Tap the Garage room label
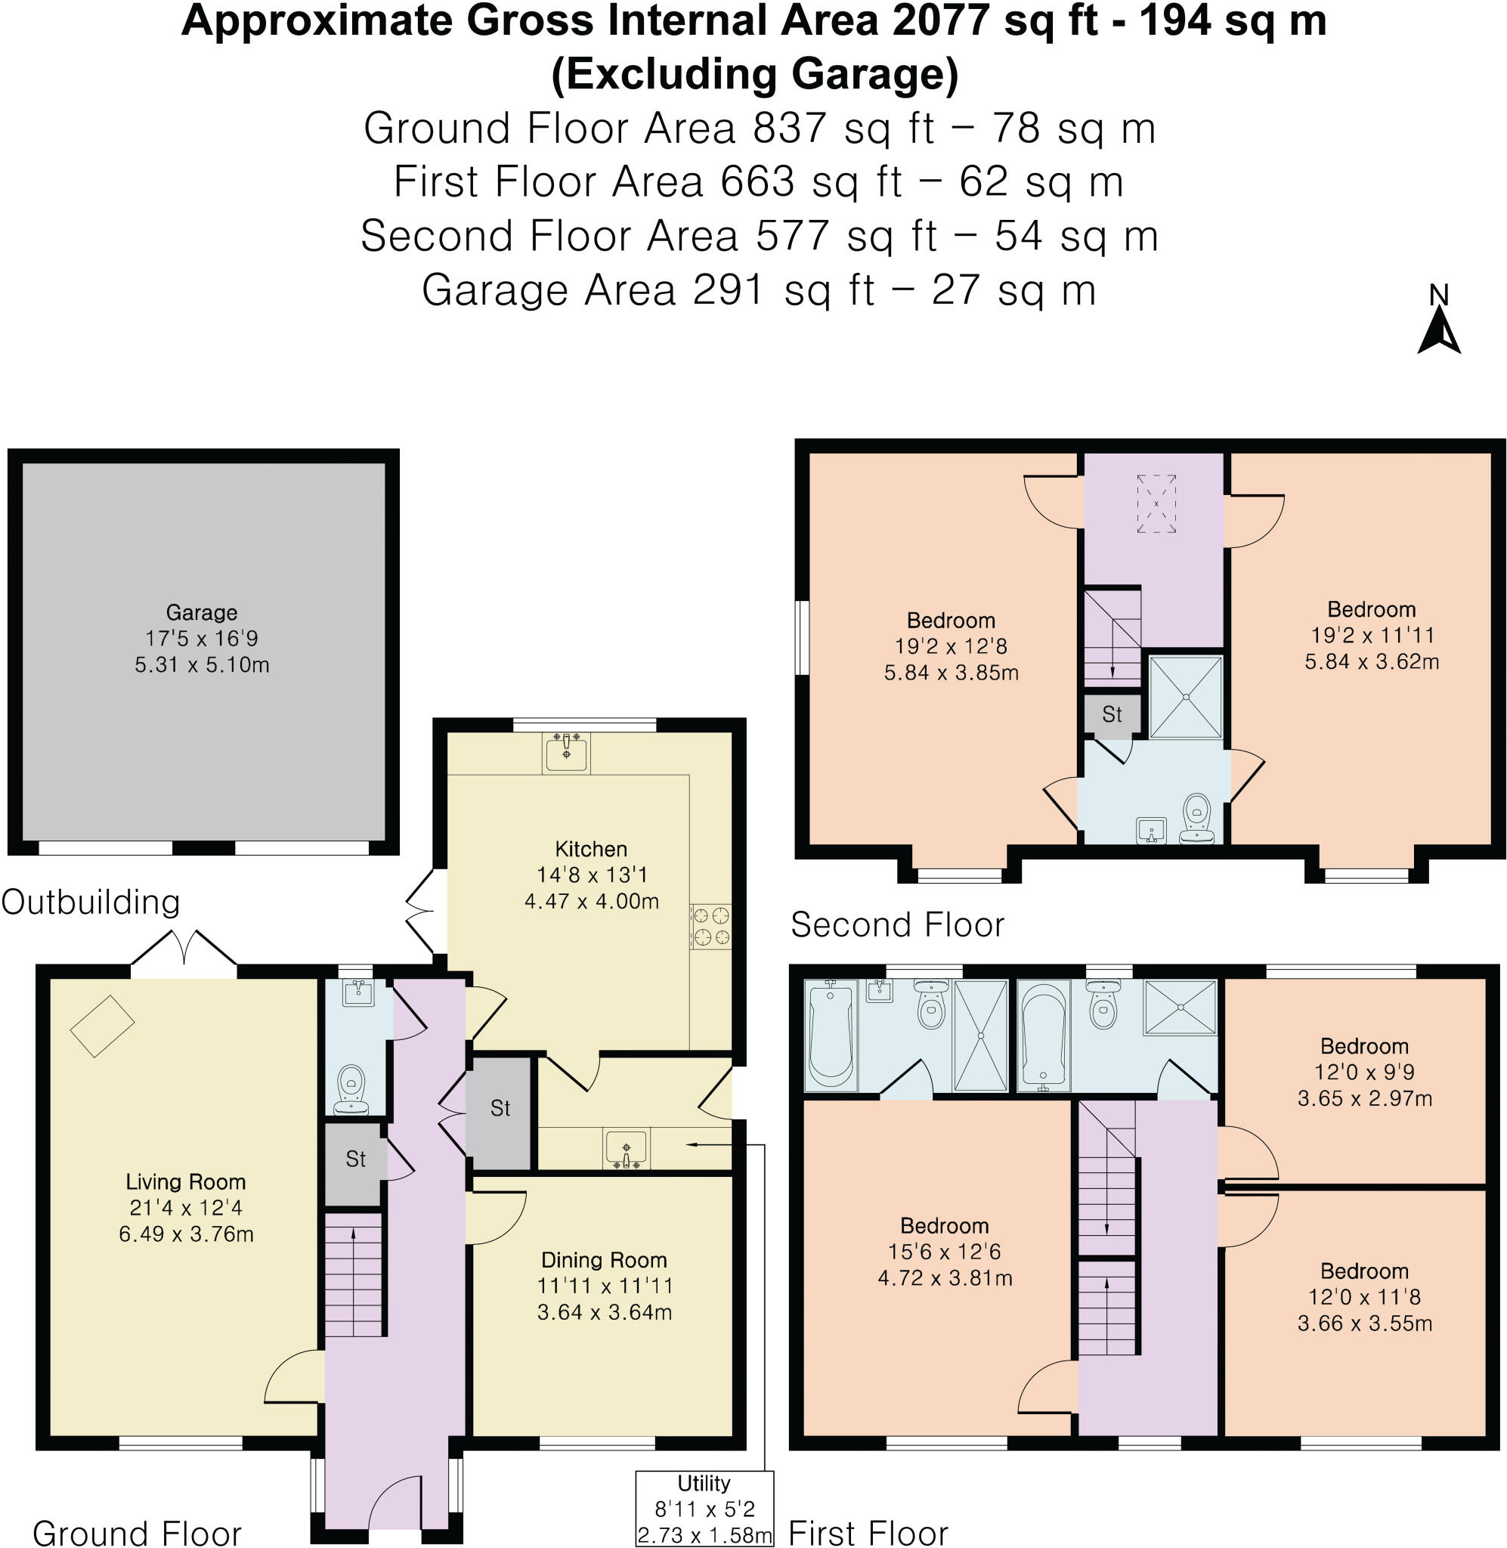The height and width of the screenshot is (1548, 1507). click(201, 611)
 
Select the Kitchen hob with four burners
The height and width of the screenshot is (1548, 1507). click(710, 926)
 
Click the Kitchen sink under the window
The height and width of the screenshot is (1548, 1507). click(566, 752)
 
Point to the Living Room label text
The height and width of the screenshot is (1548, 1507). click(185, 1181)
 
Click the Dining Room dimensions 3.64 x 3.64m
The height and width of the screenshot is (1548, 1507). click(604, 1311)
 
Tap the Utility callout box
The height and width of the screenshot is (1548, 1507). click(704, 1509)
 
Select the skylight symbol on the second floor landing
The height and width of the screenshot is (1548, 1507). click(1156, 503)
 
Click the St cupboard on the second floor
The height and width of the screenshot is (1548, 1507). click(1111, 714)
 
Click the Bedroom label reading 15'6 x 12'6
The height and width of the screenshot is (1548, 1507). click(944, 1251)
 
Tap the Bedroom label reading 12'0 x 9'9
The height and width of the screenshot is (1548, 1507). click(1363, 1072)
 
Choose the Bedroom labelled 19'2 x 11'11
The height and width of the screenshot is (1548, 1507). click(1371, 635)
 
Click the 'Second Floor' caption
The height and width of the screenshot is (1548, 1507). click(897, 924)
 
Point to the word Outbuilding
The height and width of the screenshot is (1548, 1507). click(91, 902)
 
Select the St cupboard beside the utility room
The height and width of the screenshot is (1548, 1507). click(500, 1108)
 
